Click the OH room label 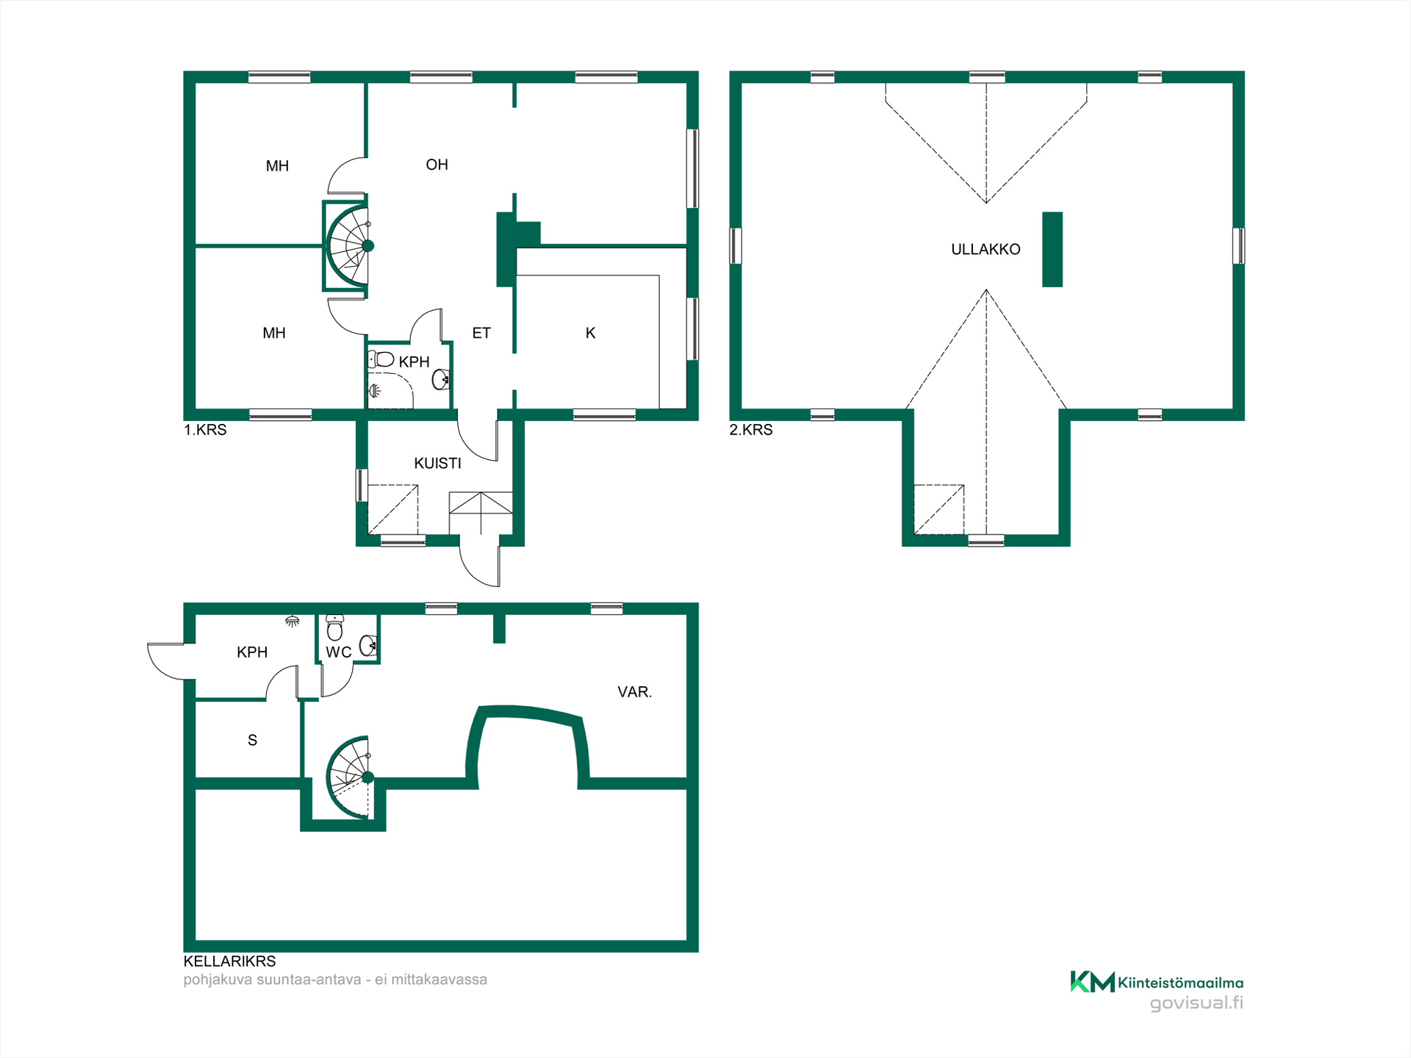click(437, 165)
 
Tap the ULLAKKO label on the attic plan click(985, 249)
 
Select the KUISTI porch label click(437, 463)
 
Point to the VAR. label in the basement click(634, 691)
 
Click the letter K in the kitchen click(590, 333)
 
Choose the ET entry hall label click(481, 333)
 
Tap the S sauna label click(252, 740)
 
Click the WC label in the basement click(339, 652)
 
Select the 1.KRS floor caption click(205, 430)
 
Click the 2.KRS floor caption click(751, 430)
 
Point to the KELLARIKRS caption click(229, 961)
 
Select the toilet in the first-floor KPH click(381, 359)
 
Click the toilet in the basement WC click(335, 627)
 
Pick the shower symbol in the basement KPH click(292, 622)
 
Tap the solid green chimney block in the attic click(1052, 249)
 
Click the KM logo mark click(1092, 982)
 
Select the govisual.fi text click(1196, 1003)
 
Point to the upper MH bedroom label click(277, 166)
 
